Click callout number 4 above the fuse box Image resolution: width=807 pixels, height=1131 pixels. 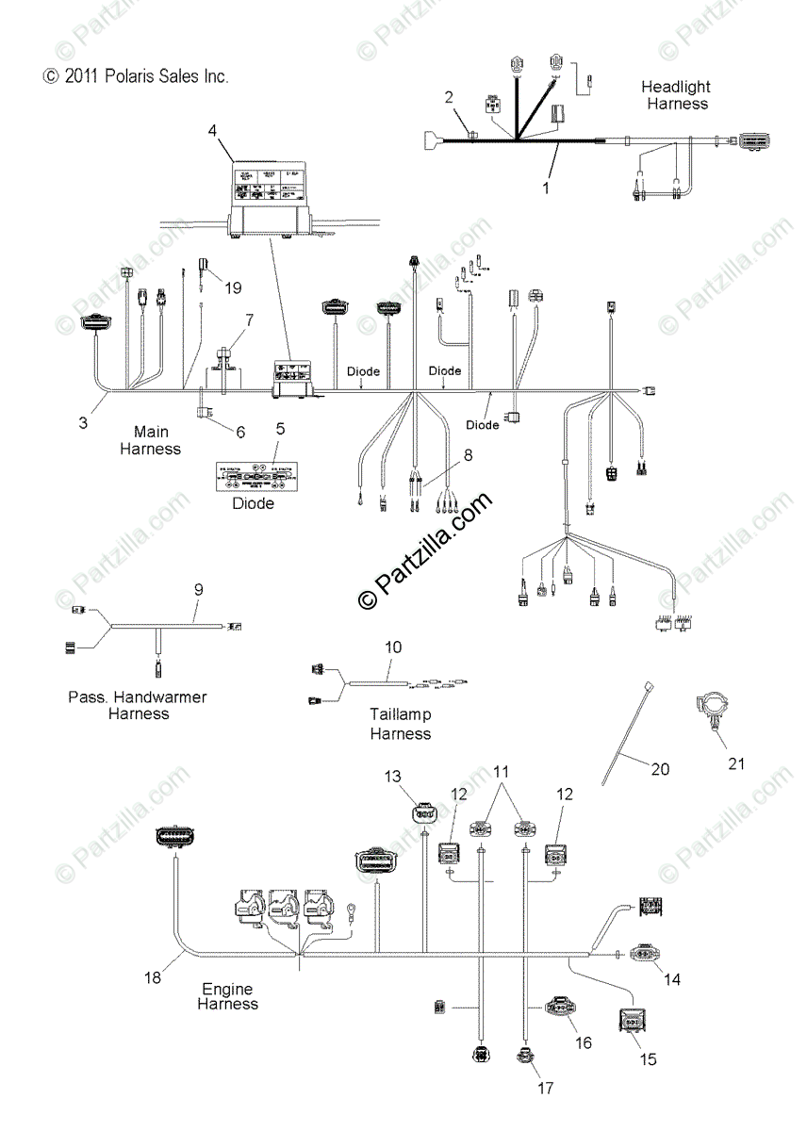tap(213, 129)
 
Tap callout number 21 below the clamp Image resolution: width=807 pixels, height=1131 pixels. tap(735, 763)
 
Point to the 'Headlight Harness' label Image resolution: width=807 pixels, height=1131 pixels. tap(677, 95)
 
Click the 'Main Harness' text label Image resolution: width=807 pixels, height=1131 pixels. tap(150, 440)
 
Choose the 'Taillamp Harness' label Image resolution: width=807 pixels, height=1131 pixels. tap(400, 724)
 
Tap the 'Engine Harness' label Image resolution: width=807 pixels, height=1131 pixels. tap(227, 996)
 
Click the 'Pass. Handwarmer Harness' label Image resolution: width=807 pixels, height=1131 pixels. tap(138, 705)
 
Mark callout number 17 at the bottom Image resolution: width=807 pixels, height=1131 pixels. tap(545, 1089)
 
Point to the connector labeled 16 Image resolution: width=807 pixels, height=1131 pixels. tap(560, 1008)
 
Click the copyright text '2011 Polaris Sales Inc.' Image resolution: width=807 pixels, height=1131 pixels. tap(134, 76)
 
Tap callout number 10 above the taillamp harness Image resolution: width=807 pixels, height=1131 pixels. tap(393, 647)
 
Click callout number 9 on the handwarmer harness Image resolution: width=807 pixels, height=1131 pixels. tap(198, 589)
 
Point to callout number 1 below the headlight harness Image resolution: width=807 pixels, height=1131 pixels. tap(545, 188)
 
